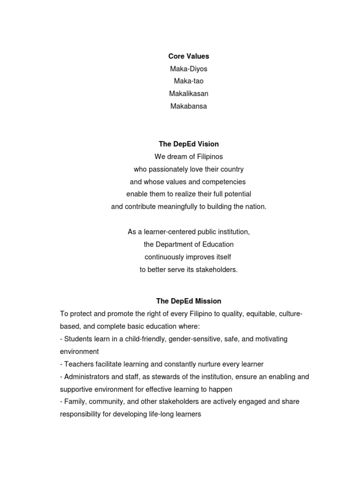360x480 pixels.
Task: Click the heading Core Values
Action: (188, 56)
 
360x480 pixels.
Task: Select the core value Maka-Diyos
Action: (188, 69)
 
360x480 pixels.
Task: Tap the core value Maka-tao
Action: (188, 81)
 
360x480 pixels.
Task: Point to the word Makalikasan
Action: (188, 94)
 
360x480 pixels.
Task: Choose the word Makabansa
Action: (188, 106)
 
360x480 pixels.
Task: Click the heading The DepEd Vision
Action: (188, 144)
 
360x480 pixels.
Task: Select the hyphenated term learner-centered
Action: (164, 232)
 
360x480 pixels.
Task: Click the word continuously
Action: (165, 257)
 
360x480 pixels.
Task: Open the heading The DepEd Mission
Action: (188, 301)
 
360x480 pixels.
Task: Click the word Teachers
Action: (79, 364)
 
